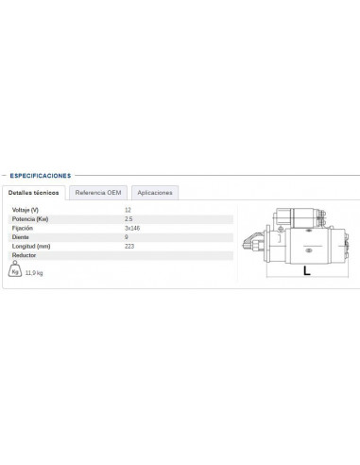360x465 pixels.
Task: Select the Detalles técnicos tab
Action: coord(34,192)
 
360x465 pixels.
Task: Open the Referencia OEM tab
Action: coord(99,192)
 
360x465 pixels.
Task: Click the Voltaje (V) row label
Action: coord(26,209)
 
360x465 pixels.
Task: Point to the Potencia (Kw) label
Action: coord(29,218)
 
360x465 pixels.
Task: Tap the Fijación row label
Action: coord(23,228)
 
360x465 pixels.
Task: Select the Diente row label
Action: coord(20,236)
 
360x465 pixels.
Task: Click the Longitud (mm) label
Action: coord(30,246)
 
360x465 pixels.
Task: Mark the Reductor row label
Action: coord(24,255)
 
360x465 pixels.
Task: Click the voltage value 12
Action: coord(128,209)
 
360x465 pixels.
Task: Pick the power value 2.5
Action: coord(129,218)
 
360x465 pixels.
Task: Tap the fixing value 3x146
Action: coord(131,228)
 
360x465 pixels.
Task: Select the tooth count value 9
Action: coord(126,236)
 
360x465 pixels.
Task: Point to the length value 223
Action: coord(129,246)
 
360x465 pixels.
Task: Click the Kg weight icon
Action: coord(14,270)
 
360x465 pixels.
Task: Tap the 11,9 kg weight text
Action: coord(35,273)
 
